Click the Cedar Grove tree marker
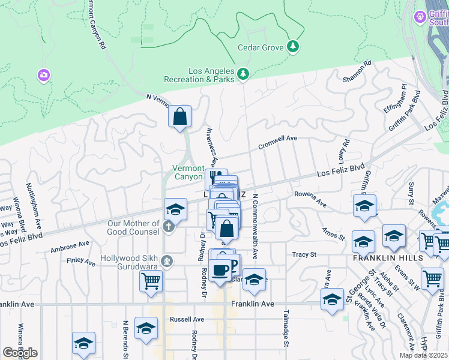(293, 46)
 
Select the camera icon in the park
(43, 75)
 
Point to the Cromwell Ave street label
(277, 142)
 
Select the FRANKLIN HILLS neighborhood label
(388, 257)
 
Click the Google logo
(20, 353)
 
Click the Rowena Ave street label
(310, 199)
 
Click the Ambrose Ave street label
(70, 247)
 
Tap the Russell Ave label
(184, 319)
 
